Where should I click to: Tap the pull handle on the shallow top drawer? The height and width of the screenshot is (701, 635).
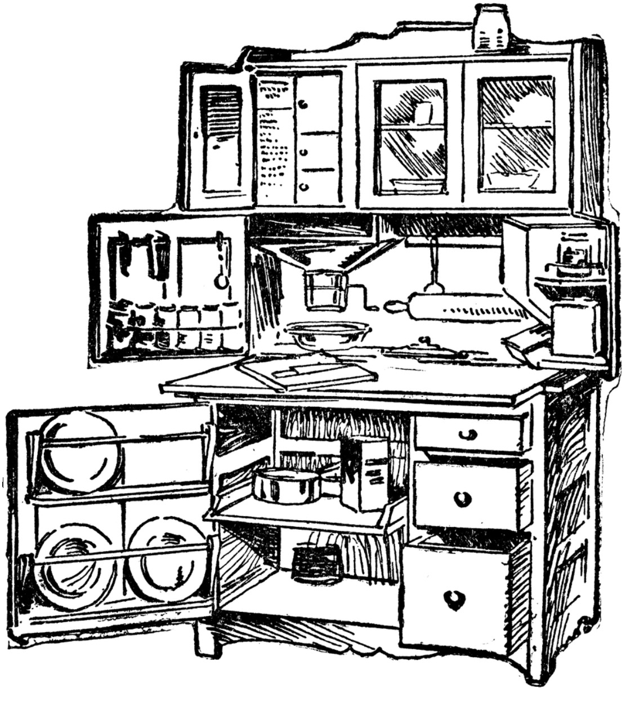(468, 434)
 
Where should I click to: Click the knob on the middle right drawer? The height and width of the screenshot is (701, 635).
(463, 498)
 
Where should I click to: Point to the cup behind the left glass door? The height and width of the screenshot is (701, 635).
(422, 113)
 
